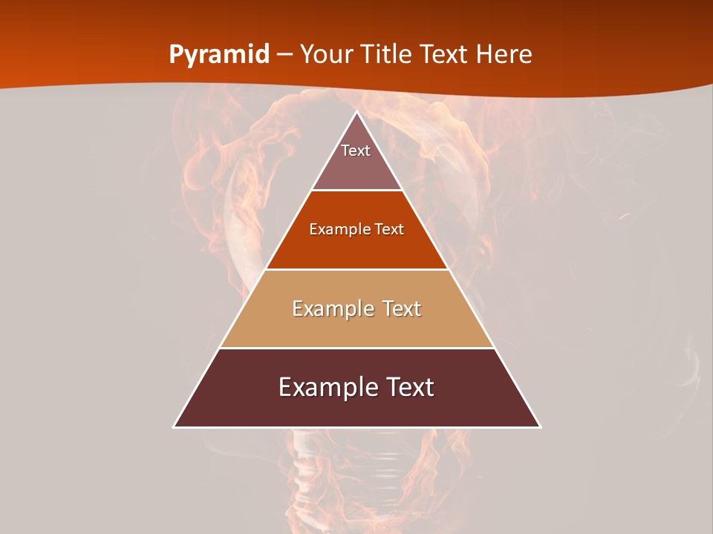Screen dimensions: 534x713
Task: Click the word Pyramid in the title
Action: (219, 55)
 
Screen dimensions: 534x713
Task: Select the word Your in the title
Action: (328, 54)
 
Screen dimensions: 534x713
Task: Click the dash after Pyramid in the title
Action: (285, 55)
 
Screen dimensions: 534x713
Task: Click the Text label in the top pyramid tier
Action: (356, 151)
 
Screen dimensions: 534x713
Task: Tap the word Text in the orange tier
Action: (389, 229)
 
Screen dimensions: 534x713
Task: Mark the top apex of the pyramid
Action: (356, 112)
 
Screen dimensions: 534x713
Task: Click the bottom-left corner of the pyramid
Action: (175, 426)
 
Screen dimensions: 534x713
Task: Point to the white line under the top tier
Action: (356, 191)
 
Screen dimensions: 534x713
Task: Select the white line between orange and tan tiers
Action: (356, 269)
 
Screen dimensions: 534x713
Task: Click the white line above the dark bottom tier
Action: (356, 348)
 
